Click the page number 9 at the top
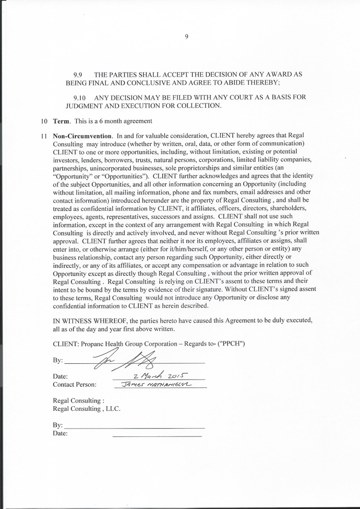tap(186, 36)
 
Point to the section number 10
tap(44, 121)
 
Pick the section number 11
tap(44, 136)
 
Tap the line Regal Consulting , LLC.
tap(87, 409)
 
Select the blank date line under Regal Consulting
tap(157, 435)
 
